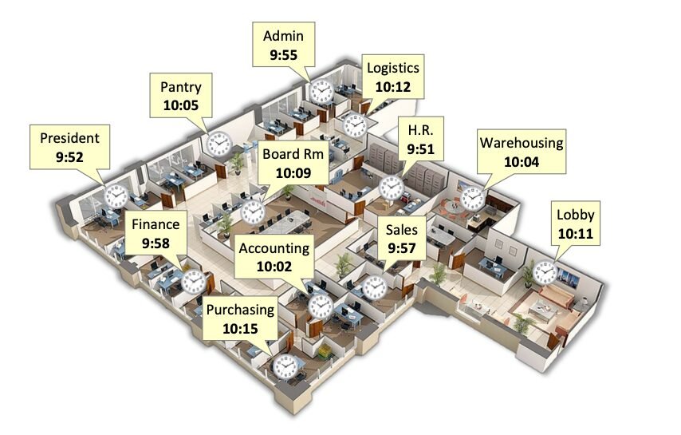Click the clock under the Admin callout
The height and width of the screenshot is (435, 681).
click(321, 92)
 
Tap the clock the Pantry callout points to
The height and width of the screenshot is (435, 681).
click(218, 144)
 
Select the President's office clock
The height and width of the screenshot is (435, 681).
click(116, 196)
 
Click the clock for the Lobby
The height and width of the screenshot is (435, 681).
click(545, 272)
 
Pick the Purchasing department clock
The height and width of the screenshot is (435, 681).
click(285, 367)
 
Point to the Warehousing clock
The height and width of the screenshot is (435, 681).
click(473, 198)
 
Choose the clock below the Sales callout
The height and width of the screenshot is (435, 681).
click(374, 287)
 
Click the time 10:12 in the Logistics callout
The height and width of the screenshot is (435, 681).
click(392, 87)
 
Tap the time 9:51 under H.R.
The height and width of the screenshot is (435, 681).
click(420, 149)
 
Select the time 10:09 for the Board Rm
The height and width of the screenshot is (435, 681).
click(293, 173)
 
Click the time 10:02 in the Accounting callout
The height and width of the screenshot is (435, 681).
click(274, 267)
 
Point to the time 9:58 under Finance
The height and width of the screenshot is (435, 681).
click(156, 243)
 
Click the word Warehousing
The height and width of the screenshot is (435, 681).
click(522, 144)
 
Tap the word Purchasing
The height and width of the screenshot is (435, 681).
click(240, 310)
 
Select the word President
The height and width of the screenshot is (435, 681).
click(69, 138)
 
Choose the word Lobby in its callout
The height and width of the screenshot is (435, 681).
click(576, 216)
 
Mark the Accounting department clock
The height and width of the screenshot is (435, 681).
click(321, 306)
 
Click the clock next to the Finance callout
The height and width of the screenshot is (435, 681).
click(194, 282)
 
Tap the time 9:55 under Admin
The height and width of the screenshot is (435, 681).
click(284, 55)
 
